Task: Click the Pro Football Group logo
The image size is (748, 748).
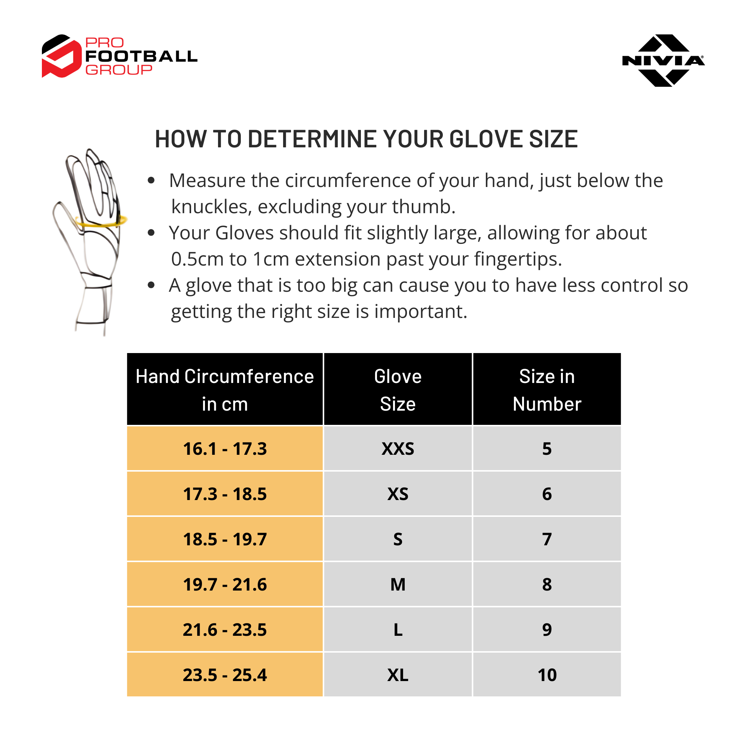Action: [119, 56]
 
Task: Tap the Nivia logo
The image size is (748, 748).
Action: [663, 60]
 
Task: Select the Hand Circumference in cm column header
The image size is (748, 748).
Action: [224, 389]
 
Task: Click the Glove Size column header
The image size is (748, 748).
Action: [398, 389]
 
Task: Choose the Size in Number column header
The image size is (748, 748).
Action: [547, 389]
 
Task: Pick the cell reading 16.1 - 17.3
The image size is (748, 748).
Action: [224, 448]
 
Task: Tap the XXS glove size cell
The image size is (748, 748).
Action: [398, 448]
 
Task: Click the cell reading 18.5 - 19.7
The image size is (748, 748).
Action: [224, 539]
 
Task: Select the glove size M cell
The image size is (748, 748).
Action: [398, 584]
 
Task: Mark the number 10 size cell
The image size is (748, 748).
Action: [547, 675]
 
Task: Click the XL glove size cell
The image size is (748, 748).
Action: [398, 675]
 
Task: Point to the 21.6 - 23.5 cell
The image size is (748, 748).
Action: [224, 629]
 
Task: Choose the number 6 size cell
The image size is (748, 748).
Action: [547, 494]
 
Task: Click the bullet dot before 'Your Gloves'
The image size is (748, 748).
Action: [151, 233]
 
